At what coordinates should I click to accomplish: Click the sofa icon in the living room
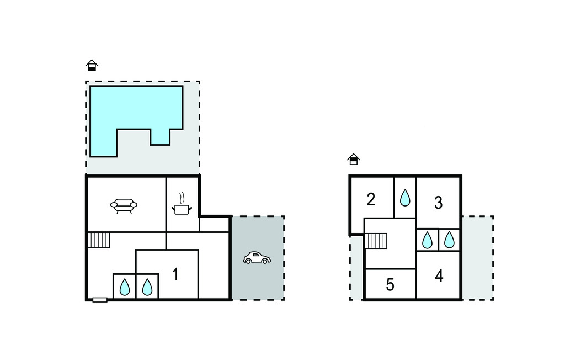click(x=124, y=205)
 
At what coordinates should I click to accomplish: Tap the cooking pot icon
click(x=182, y=209)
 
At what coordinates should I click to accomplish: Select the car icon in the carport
click(x=257, y=258)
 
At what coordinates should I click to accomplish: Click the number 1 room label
click(x=175, y=274)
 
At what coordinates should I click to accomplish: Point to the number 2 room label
click(x=371, y=199)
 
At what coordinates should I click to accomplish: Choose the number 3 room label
click(x=438, y=203)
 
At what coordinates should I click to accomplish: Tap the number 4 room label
click(x=439, y=276)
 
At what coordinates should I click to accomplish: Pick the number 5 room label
click(x=390, y=284)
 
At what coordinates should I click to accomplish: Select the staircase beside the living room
click(x=99, y=240)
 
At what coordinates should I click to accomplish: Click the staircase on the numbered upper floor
click(x=376, y=241)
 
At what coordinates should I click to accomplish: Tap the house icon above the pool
click(x=92, y=65)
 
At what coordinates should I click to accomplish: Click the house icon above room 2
click(x=354, y=159)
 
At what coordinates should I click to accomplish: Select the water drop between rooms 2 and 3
click(x=405, y=198)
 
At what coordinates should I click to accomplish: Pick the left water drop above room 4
click(x=427, y=240)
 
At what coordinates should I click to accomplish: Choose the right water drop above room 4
click(x=449, y=240)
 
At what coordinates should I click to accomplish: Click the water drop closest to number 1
click(x=147, y=287)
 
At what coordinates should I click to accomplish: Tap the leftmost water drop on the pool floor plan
click(x=124, y=287)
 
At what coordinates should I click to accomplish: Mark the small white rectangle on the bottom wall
click(x=100, y=300)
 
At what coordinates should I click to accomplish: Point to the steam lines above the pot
click(x=182, y=198)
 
